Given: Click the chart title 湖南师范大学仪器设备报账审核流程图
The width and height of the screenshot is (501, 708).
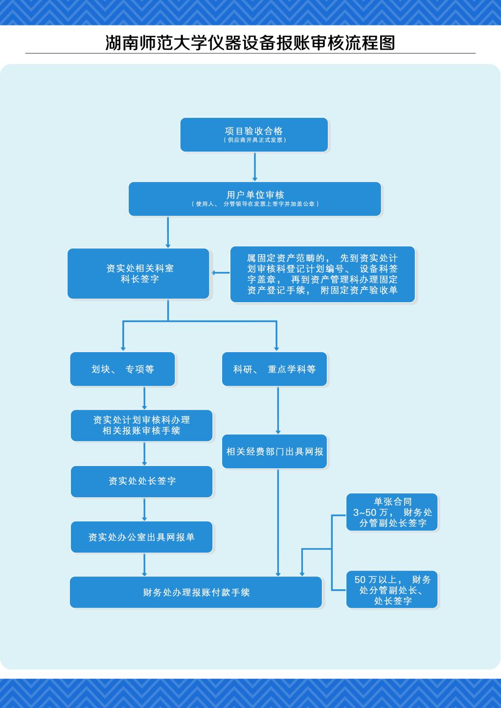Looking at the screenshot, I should [250, 43].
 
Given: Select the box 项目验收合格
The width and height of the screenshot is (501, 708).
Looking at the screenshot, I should [254, 134].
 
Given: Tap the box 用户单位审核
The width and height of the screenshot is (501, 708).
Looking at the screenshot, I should [254, 199].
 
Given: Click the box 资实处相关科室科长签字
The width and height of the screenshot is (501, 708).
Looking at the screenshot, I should [138, 273].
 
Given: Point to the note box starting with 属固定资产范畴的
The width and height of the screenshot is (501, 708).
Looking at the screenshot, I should [322, 274].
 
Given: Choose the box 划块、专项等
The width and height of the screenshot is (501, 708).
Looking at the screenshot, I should [122, 369].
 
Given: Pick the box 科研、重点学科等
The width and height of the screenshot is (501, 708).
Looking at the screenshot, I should [274, 369].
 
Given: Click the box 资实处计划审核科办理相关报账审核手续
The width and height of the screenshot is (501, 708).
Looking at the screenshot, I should [142, 425].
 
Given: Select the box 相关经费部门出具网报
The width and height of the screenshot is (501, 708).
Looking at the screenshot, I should [274, 451].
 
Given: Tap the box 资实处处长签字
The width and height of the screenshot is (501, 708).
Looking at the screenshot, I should [142, 481].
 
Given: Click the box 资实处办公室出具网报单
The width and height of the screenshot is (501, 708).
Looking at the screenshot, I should [142, 537].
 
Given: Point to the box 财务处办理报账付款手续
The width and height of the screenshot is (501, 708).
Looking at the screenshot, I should [196, 592].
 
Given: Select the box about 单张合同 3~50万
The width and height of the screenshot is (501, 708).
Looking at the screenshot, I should [392, 512].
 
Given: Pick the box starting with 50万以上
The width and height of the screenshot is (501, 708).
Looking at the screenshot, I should [392, 590].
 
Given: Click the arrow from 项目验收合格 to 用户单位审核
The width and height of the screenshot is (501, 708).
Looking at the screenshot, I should [255, 167].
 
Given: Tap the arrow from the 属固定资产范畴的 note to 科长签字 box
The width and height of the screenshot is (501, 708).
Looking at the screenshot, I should [220, 273].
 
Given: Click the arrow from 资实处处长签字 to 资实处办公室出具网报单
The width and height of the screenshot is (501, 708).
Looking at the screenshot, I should [144, 509].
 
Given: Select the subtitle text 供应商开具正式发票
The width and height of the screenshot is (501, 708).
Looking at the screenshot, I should [254, 140].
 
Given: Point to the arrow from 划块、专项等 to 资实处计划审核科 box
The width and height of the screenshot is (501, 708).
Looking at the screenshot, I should [144, 398].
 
